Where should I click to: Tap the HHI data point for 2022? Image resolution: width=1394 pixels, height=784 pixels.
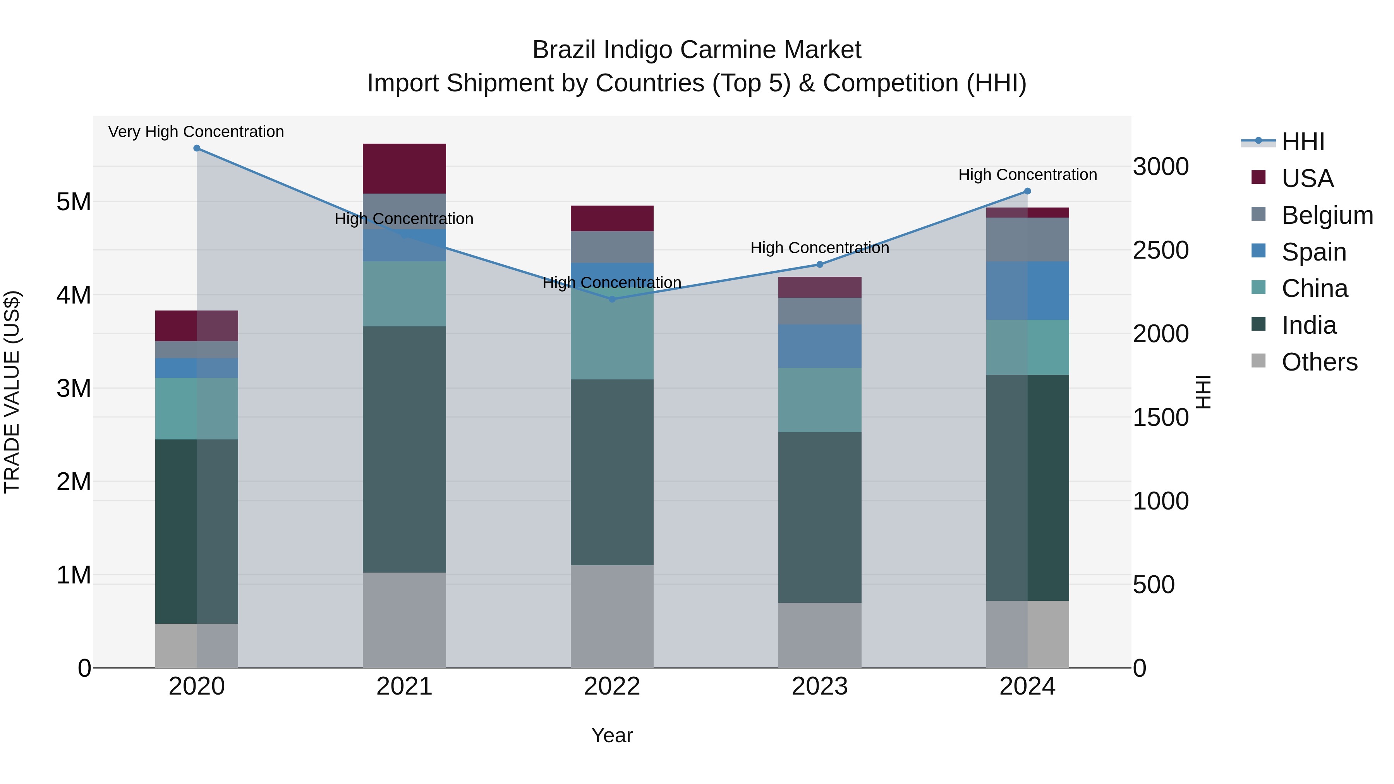coord(612,299)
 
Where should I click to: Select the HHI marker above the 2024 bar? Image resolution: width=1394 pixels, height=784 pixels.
coord(1027,191)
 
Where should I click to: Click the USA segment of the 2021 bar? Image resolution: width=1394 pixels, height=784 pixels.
coord(404,168)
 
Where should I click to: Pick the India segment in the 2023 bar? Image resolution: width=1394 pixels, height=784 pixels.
coord(819,517)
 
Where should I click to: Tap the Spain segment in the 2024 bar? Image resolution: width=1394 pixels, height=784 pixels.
coord(1027,290)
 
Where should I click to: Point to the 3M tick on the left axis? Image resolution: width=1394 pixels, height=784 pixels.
coord(74,388)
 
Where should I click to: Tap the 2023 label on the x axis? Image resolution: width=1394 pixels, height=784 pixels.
coord(819,686)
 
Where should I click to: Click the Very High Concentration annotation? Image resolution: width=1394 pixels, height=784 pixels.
coord(196,132)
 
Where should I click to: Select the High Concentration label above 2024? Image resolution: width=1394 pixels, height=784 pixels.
coord(1027,175)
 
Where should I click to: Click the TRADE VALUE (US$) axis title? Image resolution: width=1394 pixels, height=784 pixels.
coord(12,392)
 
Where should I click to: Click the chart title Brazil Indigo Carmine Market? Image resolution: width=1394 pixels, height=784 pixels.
coord(697,50)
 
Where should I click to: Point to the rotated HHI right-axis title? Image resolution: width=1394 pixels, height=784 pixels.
coord(1203,392)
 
